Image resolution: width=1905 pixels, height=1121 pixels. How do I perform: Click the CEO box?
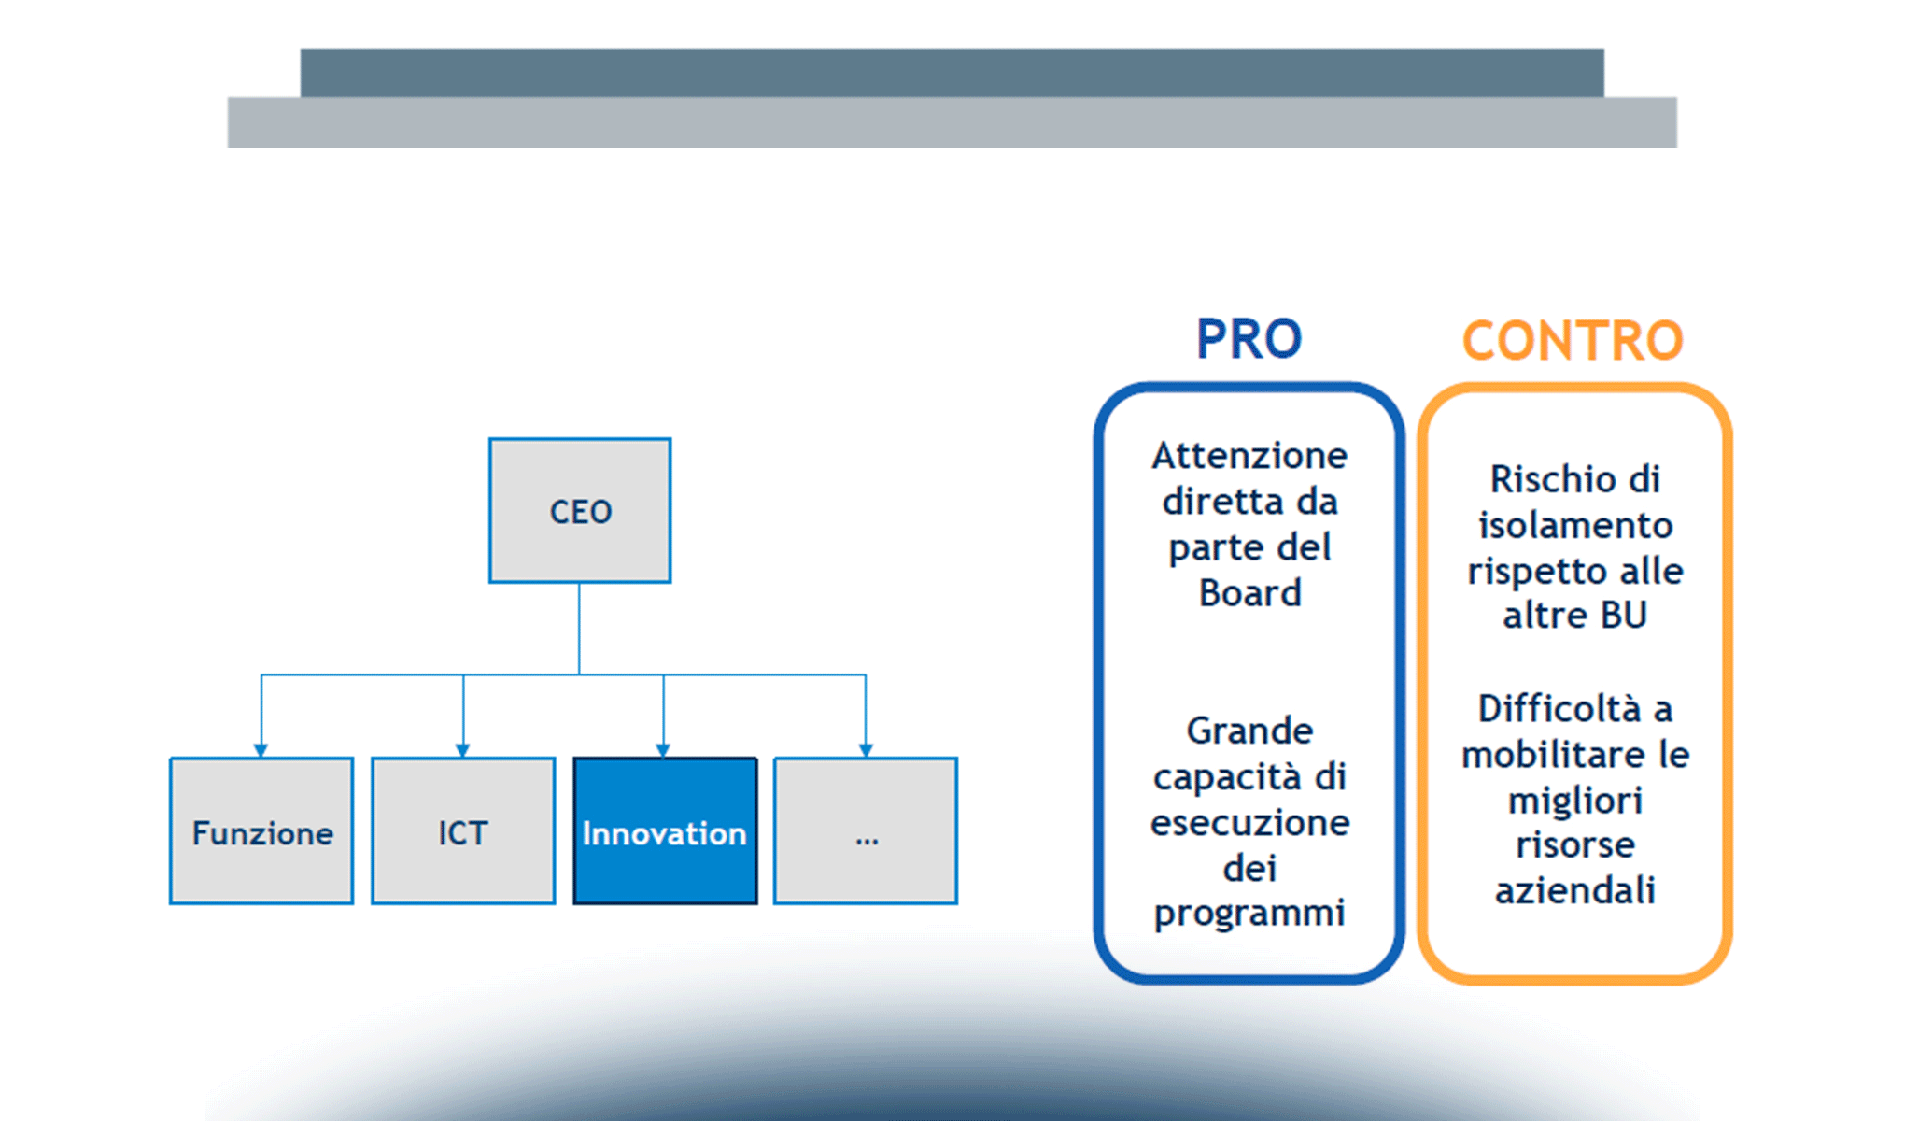[x=580, y=511]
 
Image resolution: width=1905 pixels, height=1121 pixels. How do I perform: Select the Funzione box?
[x=261, y=831]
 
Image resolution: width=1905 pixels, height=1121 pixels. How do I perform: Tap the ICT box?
[x=463, y=831]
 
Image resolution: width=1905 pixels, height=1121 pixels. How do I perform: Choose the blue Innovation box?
[x=665, y=831]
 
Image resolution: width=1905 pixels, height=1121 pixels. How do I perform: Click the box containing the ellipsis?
[x=866, y=831]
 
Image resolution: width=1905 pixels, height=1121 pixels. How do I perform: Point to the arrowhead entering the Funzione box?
[x=261, y=750]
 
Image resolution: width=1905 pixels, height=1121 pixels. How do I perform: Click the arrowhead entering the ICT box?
[x=463, y=750]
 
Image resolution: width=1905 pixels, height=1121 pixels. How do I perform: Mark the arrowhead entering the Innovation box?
[x=664, y=750]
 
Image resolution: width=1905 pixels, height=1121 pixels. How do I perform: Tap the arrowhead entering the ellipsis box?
[x=866, y=750]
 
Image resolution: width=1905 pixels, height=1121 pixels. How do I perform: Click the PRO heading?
[x=1249, y=338]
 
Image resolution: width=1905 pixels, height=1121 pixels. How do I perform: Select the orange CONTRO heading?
[x=1573, y=340]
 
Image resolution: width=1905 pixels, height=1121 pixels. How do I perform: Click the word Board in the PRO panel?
[x=1249, y=593]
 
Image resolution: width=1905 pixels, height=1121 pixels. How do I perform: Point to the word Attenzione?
[x=1249, y=456]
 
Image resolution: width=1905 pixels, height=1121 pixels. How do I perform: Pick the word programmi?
[x=1249, y=914]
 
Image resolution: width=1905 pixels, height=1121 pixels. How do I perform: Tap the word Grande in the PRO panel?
[x=1249, y=731]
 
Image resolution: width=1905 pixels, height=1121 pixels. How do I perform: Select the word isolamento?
[x=1574, y=525]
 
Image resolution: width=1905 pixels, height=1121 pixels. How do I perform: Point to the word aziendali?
[x=1574, y=890]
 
